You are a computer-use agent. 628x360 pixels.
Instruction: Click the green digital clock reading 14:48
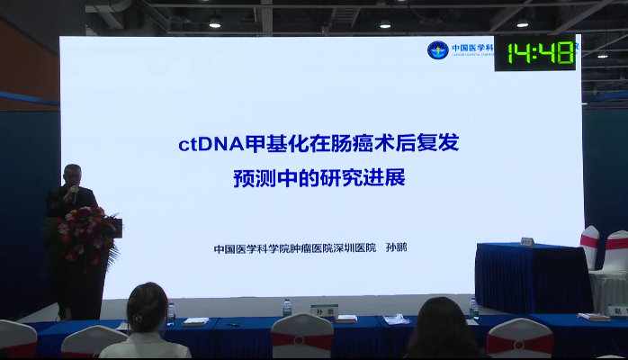click(540, 53)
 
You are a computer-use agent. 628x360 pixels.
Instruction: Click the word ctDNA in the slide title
click(205, 142)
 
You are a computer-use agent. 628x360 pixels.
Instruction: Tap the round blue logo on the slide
click(437, 50)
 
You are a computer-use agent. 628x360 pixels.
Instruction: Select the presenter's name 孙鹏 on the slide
click(396, 247)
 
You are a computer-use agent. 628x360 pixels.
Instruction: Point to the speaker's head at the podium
click(72, 175)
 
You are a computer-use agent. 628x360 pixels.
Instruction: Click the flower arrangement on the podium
click(84, 233)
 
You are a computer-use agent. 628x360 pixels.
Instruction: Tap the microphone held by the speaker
click(68, 192)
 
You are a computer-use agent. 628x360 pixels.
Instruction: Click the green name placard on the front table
click(323, 310)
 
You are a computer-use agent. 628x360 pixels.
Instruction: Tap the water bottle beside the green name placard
click(287, 308)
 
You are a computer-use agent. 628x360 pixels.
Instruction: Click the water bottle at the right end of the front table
click(474, 309)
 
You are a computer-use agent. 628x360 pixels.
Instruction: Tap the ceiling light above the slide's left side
click(214, 22)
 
